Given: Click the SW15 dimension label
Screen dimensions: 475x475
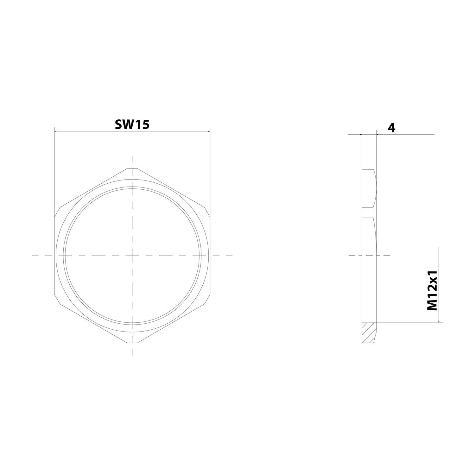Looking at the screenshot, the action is point(132,124).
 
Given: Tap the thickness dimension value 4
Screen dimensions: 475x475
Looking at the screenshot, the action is point(392,128).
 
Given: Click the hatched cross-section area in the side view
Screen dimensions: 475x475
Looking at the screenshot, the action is point(369,332).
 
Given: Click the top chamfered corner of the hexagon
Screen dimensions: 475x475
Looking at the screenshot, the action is point(132,169).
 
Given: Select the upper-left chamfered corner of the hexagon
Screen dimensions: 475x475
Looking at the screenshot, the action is point(58,212).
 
